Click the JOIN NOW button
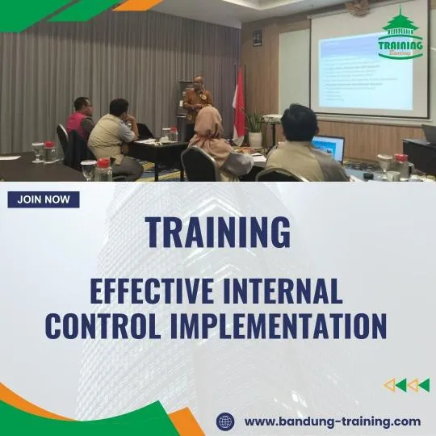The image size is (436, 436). [x=44, y=199]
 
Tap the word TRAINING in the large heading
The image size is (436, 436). [x=217, y=233]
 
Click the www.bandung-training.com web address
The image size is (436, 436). [x=332, y=421]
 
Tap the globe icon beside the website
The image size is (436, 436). [x=225, y=421]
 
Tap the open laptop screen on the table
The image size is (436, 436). [x=329, y=148]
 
